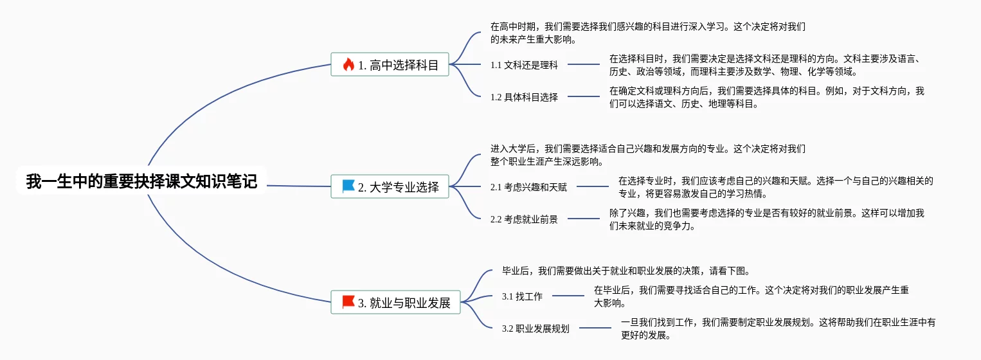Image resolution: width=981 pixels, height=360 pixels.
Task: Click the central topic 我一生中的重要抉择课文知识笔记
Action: (x=141, y=182)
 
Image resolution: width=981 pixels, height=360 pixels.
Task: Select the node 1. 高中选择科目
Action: (x=390, y=64)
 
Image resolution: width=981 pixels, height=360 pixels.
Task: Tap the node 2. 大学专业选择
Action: (x=390, y=187)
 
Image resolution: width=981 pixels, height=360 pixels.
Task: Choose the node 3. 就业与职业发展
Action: (x=396, y=302)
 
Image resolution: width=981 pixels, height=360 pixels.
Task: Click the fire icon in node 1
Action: (x=348, y=64)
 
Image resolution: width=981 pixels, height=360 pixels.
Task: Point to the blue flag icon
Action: (x=348, y=186)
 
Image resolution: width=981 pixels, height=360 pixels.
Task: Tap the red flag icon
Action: (x=348, y=301)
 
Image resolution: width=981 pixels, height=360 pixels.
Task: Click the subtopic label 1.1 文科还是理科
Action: (x=524, y=65)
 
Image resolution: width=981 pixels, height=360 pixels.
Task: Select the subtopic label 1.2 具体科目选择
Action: (x=524, y=97)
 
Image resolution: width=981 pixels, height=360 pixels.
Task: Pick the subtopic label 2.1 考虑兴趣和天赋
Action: (x=528, y=187)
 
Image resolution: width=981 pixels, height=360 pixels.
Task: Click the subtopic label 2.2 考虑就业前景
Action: (x=524, y=219)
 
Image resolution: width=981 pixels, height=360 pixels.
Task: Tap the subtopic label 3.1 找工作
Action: (x=522, y=296)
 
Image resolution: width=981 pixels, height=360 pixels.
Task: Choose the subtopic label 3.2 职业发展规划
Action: (x=535, y=328)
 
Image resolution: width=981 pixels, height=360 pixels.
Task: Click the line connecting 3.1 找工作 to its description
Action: (x=568, y=296)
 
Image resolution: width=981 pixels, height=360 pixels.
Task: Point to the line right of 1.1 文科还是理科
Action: (x=583, y=64)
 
